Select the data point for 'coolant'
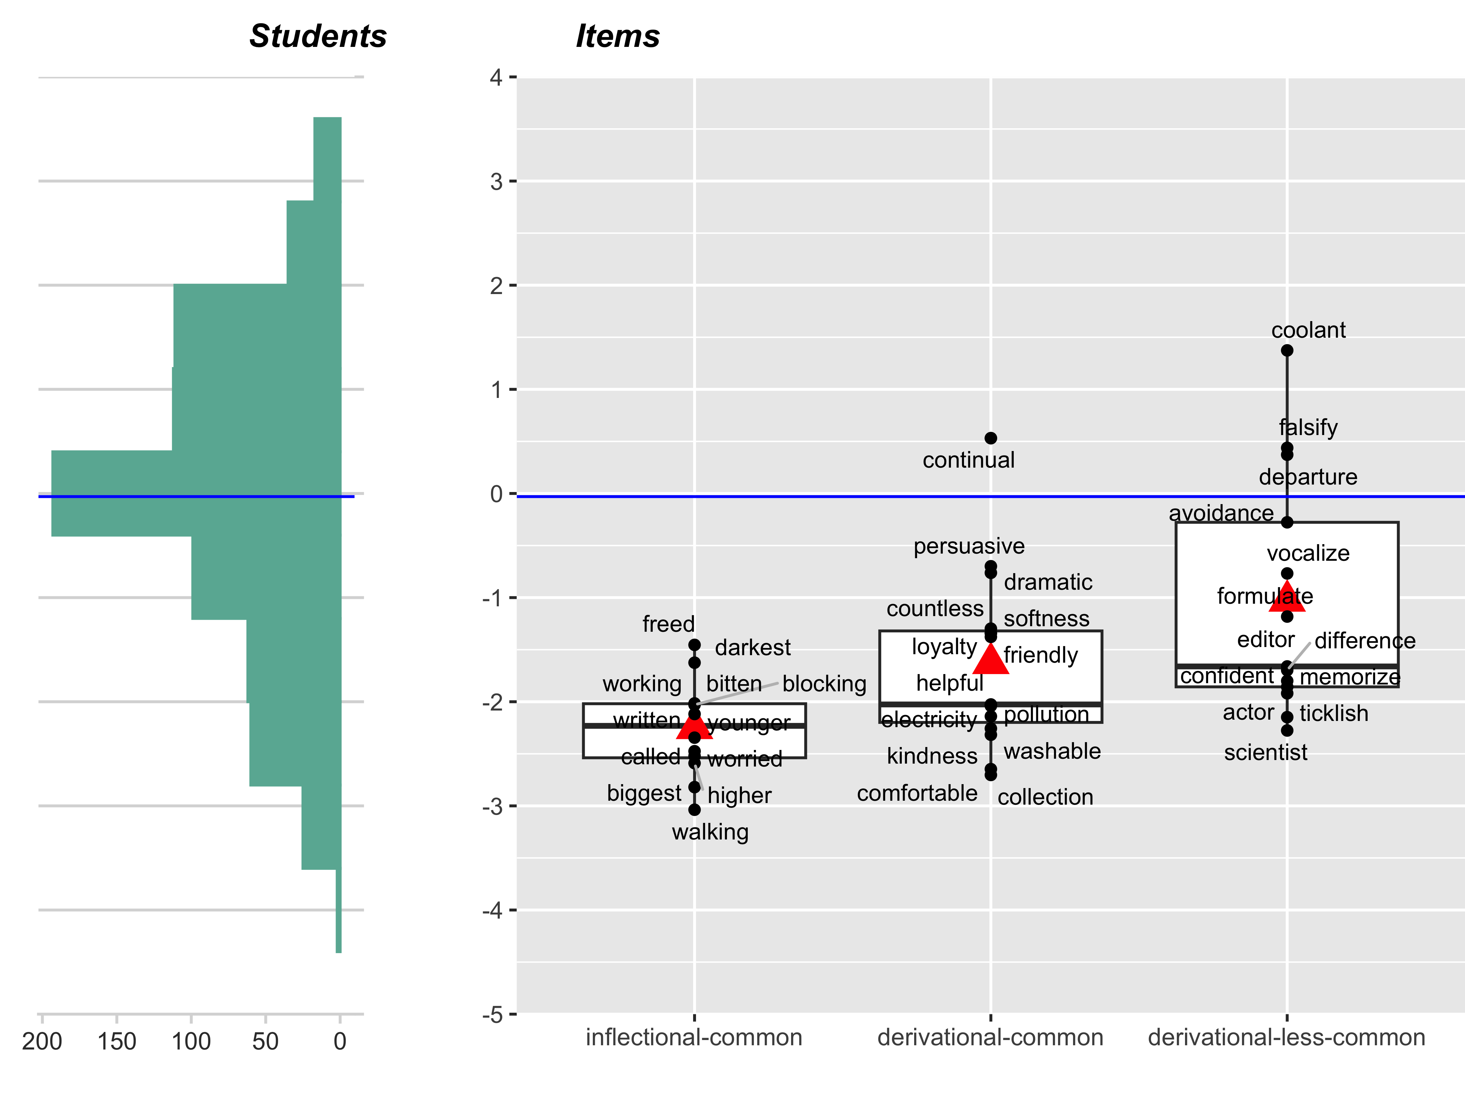(x=1287, y=350)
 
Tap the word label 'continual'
(x=968, y=460)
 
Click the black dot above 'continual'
(x=991, y=438)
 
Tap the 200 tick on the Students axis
(x=42, y=1041)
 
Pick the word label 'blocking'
(x=824, y=683)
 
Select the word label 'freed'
(x=668, y=624)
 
